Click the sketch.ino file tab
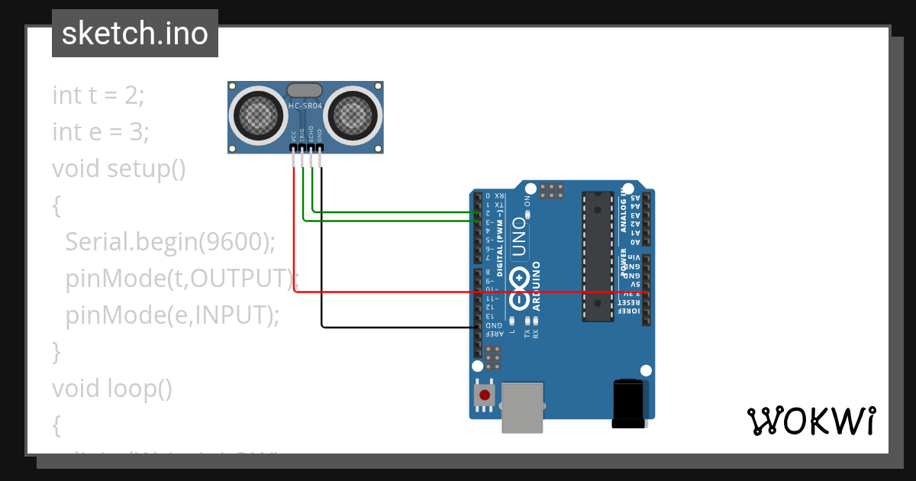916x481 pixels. (x=135, y=34)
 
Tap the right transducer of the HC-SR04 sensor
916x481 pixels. (x=352, y=115)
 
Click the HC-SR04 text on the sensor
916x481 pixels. (x=305, y=106)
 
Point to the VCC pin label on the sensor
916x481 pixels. (x=293, y=136)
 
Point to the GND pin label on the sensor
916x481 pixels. (x=321, y=136)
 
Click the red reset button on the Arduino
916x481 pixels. (x=483, y=395)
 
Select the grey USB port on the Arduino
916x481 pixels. (x=523, y=407)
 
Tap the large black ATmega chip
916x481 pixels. (x=598, y=256)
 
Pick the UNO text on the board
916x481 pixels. (x=520, y=236)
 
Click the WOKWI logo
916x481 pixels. (x=811, y=421)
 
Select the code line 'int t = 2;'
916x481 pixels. (x=98, y=95)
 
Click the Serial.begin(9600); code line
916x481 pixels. (x=169, y=242)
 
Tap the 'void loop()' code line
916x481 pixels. (x=112, y=389)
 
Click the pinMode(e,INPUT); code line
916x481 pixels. (x=173, y=315)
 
